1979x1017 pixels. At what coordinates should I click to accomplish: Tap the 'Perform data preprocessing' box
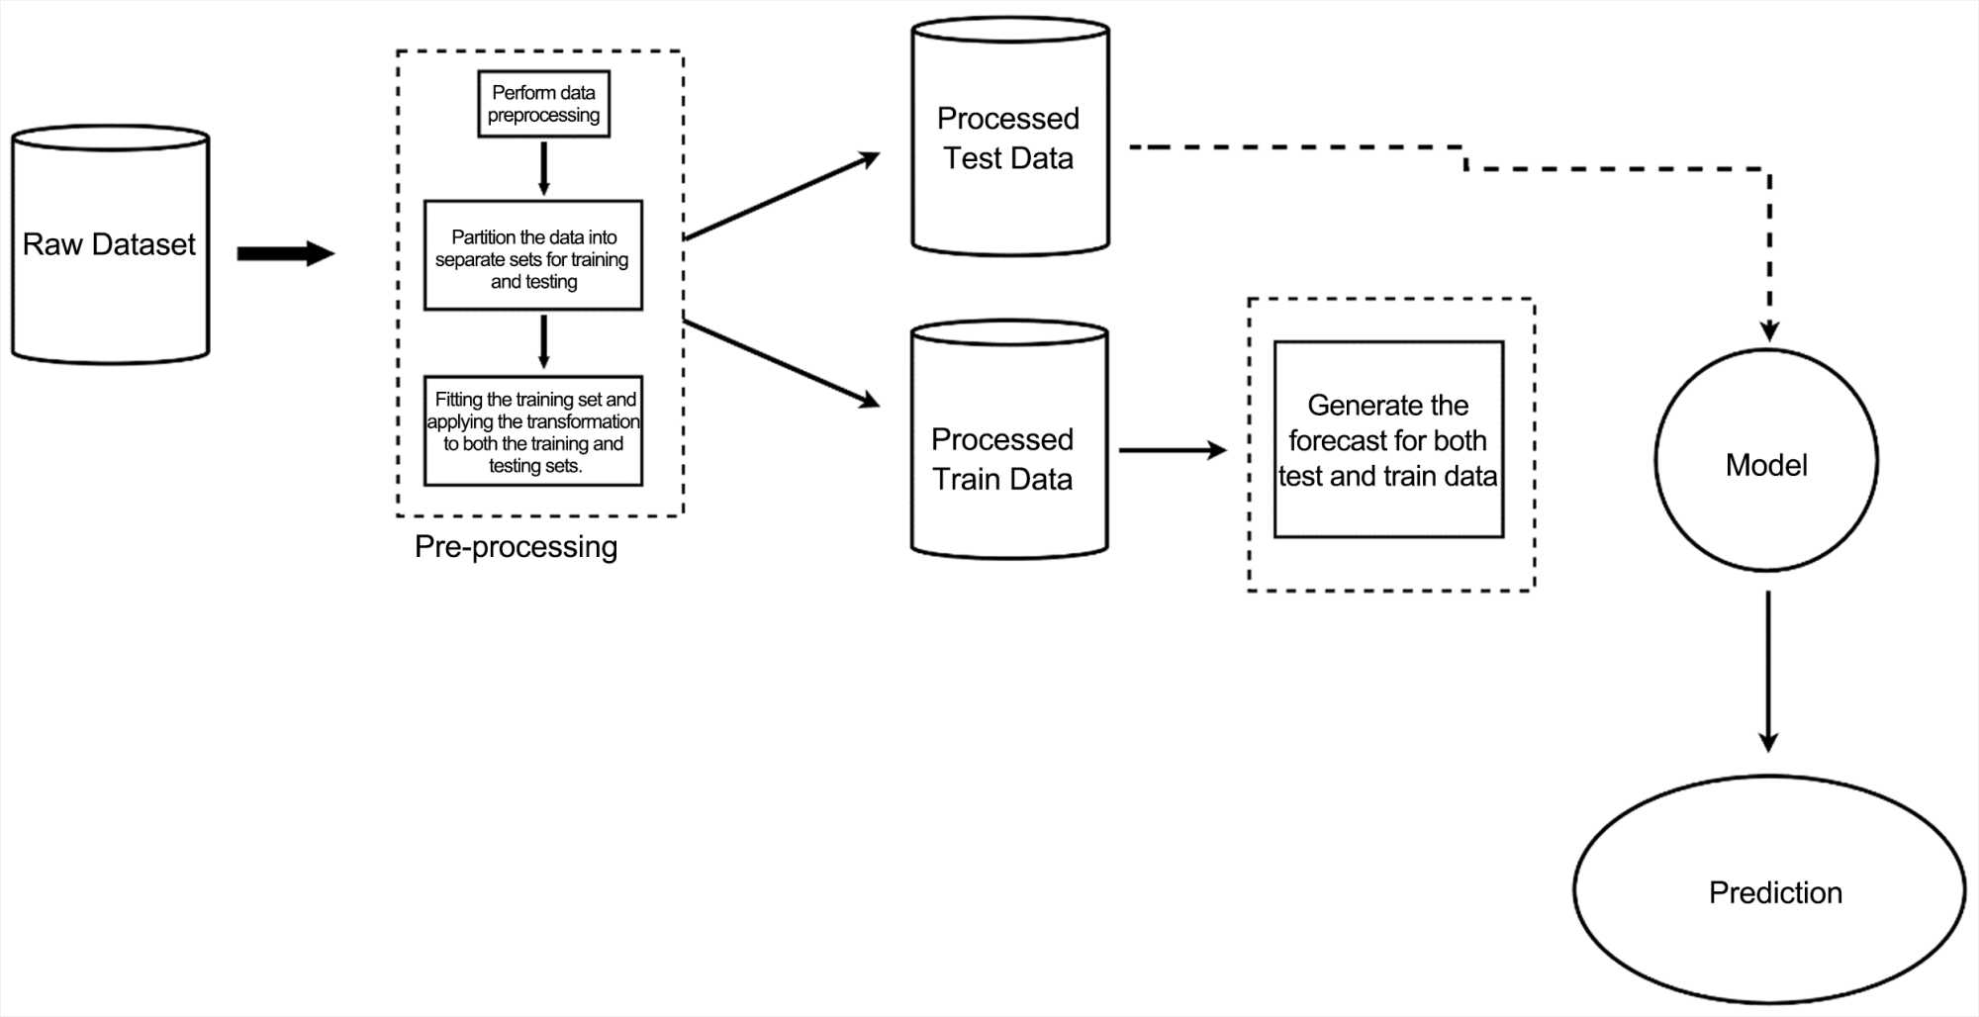pos(543,104)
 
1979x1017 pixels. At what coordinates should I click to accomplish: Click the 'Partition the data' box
pos(533,256)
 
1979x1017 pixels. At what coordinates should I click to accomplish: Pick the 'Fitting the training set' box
pos(533,431)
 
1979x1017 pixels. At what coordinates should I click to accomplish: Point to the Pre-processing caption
pos(516,547)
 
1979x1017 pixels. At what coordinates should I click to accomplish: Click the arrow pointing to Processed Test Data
pos(782,196)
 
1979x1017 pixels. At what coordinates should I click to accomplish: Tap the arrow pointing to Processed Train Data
pos(782,363)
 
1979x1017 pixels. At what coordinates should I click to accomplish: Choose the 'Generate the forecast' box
pos(1388,440)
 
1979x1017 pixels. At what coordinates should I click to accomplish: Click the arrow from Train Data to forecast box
pos(1173,450)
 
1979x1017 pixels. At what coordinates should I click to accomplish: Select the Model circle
pos(1766,461)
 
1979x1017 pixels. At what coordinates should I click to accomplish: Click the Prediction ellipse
pos(1769,890)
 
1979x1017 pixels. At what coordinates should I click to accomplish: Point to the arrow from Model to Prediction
pos(1768,673)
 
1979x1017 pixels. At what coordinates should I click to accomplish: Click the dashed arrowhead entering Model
pos(1769,331)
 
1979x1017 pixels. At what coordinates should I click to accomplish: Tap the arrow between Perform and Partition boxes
pos(543,168)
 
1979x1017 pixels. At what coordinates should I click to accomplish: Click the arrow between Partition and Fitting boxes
pos(543,342)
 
